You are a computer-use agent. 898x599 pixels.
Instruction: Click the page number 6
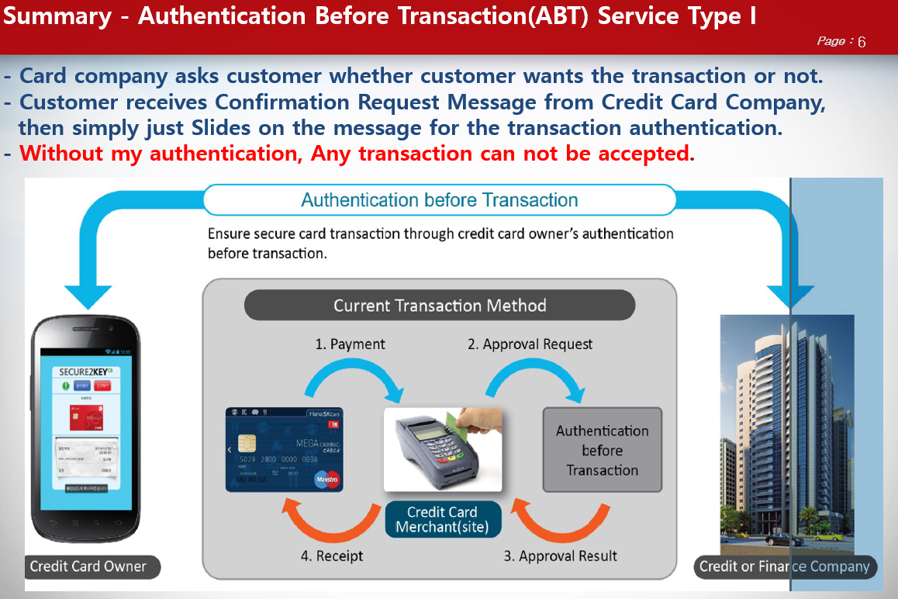[862, 42]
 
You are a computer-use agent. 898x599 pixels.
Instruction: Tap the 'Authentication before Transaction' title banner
[439, 200]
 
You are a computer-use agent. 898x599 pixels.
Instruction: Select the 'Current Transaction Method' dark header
[439, 306]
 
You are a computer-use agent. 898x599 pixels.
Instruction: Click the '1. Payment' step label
[350, 345]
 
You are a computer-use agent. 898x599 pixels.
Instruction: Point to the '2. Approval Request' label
[530, 345]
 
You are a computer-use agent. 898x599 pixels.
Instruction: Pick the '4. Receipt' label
[332, 556]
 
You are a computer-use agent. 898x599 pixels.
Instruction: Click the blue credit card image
[284, 449]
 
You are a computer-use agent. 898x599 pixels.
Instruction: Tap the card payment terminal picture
[442, 449]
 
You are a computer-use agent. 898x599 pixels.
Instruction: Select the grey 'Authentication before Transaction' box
[602, 450]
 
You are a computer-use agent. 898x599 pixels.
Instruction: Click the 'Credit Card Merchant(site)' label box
[442, 520]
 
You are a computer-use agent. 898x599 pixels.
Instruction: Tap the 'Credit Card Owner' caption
[88, 566]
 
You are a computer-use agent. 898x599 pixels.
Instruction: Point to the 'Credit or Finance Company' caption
[784, 566]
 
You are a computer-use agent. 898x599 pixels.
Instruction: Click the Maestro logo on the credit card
[326, 480]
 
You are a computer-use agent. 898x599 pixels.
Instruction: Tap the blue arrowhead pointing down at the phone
[88, 297]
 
